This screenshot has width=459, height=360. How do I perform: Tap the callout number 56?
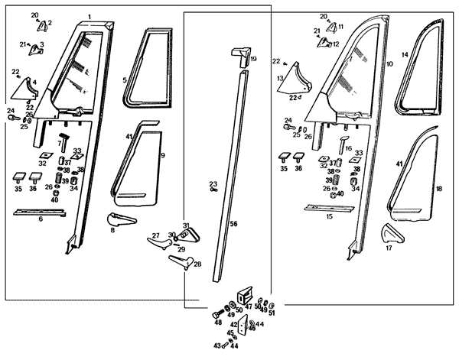(x=234, y=222)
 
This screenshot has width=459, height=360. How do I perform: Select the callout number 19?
(x=253, y=59)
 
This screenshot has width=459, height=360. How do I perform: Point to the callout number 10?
(x=389, y=65)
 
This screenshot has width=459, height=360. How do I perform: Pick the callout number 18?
(x=438, y=188)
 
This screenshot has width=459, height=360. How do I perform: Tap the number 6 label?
(x=41, y=218)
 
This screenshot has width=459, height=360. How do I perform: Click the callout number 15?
(x=328, y=216)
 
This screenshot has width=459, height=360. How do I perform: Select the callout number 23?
(x=213, y=183)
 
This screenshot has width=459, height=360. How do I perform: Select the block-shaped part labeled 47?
(x=246, y=295)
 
